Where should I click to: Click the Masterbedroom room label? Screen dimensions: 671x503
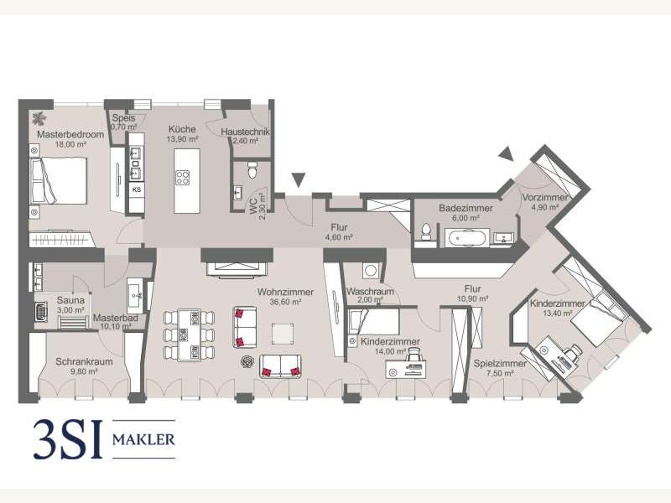coord(70,134)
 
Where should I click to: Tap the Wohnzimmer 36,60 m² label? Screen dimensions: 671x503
coord(285,297)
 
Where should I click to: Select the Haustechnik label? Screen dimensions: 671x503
coord(245,132)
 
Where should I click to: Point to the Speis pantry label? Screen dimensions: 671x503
coord(123,117)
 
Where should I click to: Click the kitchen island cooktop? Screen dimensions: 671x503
coord(182,178)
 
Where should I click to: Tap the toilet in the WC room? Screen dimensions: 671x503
coord(252,170)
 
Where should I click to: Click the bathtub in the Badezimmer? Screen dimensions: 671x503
coord(466,238)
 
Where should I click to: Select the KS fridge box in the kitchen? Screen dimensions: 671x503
coord(137,189)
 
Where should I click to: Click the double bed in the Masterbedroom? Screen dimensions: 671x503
coord(59,180)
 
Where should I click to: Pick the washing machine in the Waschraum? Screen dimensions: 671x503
coord(371,270)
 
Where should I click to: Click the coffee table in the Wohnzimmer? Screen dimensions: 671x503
coord(283,334)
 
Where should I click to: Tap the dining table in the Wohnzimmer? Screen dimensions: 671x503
coord(190,334)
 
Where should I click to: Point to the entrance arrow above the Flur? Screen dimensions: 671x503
coord(299,179)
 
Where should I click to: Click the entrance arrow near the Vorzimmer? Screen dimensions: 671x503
coord(507,153)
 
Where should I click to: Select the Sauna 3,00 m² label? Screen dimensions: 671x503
coord(70,305)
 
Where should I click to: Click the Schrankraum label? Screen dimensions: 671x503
coord(85,362)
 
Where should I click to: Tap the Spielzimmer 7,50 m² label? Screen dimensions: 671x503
coord(500,368)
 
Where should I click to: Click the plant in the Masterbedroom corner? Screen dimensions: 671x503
coord(39,118)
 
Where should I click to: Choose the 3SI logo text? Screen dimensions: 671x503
coord(68,439)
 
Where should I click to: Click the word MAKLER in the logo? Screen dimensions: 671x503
coord(143,439)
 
